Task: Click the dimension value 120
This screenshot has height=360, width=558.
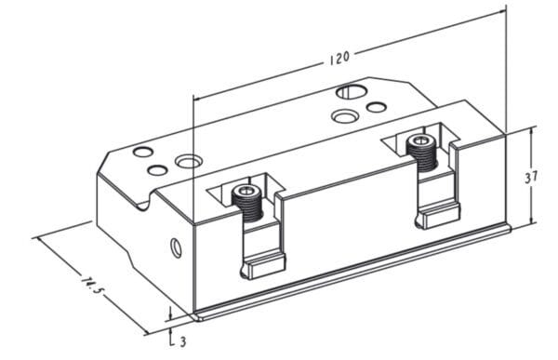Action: (x=339, y=58)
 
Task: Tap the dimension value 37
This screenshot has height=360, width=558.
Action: (x=531, y=177)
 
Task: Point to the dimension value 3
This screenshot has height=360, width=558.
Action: (x=183, y=342)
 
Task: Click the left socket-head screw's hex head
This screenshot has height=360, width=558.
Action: (x=246, y=192)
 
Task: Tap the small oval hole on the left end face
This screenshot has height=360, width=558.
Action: (x=176, y=247)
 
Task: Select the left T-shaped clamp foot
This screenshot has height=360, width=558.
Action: (x=264, y=269)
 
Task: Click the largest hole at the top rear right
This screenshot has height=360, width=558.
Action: (x=351, y=91)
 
